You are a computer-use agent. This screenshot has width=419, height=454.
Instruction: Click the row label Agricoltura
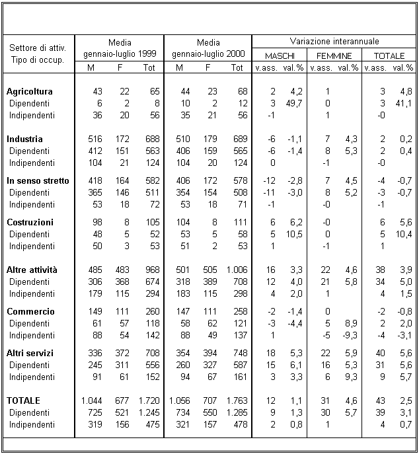pos(29,91)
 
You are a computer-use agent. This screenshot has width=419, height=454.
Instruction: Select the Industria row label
pos(24,139)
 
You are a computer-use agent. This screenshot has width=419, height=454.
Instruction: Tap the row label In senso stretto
pos(38,180)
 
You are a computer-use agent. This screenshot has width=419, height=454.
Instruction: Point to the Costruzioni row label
pos(30,222)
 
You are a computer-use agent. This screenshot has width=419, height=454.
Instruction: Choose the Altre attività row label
pos(32,270)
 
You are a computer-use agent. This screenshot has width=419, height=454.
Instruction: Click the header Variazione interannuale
pos(333,41)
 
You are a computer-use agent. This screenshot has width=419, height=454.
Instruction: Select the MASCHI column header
pos(275,56)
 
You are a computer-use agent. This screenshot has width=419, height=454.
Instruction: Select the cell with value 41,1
pos(403,103)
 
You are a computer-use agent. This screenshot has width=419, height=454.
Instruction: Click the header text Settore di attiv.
pos(38,48)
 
